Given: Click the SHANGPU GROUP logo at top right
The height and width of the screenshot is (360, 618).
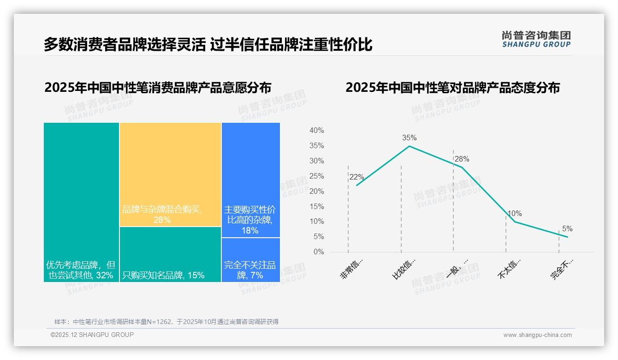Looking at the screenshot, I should pyautogui.click(x=536, y=39).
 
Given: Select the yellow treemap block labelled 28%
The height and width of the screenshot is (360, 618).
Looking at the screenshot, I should pyautogui.click(x=170, y=174).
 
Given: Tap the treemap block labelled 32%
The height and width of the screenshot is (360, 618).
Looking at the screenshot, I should pyautogui.click(x=81, y=202).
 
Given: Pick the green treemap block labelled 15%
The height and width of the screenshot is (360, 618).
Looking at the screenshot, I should pyautogui.click(x=170, y=254).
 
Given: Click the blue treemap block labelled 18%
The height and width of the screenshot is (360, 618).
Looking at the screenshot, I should pyautogui.click(x=250, y=180).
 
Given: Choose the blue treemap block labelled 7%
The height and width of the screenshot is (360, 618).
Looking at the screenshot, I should pyautogui.click(x=250, y=260).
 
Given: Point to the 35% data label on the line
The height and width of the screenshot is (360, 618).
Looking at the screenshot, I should pyautogui.click(x=409, y=138).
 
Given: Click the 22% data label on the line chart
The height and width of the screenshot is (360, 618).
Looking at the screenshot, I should pyautogui.click(x=357, y=177).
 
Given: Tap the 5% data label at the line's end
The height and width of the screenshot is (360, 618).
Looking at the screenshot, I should pyautogui.click(x=567, y=228).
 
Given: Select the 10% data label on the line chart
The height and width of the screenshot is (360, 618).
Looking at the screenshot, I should pyautogui.click(x=515, y=213).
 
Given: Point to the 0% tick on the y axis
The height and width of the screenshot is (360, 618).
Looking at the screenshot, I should pyautogui.click(x=319, y=252).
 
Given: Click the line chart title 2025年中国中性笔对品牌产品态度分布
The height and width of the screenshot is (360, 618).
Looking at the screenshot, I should pyautogui.click(x=452, y=87).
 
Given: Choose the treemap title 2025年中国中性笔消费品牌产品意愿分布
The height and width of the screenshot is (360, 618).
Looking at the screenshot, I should pyautogui.click(x=158, y=87).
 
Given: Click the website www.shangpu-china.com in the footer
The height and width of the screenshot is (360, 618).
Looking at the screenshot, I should pyautogui.click(x=537, y=335).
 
